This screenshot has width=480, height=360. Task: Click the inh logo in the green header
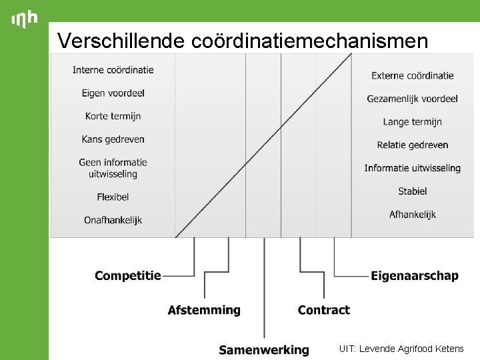(25, 19)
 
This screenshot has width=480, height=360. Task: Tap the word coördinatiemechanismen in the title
(309, 41)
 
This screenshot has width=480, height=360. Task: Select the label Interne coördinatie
(113, 70)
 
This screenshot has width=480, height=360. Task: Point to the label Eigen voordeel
(113, 93)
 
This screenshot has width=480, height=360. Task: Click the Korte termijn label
(113, 116)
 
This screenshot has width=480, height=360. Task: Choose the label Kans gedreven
(113, 139)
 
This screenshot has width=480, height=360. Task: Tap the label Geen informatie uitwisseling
(113, 168)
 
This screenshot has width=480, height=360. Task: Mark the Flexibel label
(113, 197)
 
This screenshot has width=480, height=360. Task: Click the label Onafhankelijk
(113, 220)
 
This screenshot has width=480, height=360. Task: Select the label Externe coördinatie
(413, 75)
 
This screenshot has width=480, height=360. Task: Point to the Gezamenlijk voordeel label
(413, 99)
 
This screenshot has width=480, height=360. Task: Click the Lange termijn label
(413, 122)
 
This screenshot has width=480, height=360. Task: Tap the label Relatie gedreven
(413, 145)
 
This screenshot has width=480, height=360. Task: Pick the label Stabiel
(413, 191)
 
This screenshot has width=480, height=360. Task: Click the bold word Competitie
(128, 275)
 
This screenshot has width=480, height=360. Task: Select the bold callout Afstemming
(204, 310)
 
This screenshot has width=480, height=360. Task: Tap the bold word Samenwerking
(264, 349)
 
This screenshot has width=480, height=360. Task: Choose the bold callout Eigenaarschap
(415, 275)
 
